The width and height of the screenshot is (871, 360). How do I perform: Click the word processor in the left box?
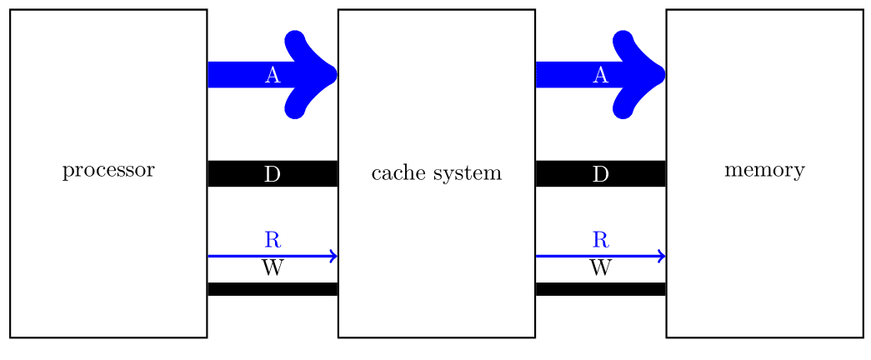[x=108, y=171]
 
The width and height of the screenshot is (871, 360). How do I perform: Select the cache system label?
[x=436, y=173]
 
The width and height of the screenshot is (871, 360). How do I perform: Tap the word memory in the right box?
[x=764, y=171]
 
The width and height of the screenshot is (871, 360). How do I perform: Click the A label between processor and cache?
[x=272, y=75]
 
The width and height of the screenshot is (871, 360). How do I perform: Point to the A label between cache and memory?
[x=600, y=75]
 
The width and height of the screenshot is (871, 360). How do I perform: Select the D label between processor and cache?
[x=272, y=174]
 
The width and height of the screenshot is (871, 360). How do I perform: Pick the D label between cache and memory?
[x=600, y=174]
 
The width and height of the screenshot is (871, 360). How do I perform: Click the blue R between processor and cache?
[x=272, y=240]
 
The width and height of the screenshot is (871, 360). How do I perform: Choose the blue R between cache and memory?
[x=600, y=240]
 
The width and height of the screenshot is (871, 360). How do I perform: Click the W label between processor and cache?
[x=272, y=268]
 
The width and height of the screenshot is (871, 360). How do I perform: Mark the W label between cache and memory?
[x=600, y=268]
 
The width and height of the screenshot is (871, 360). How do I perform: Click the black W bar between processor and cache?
[x=272, y=289]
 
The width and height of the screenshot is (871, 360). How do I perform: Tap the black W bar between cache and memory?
[x=600, y=289]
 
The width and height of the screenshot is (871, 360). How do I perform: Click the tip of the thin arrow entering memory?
[x=663, y=256]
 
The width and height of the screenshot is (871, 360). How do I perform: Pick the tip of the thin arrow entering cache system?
[x=335, y=256]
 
